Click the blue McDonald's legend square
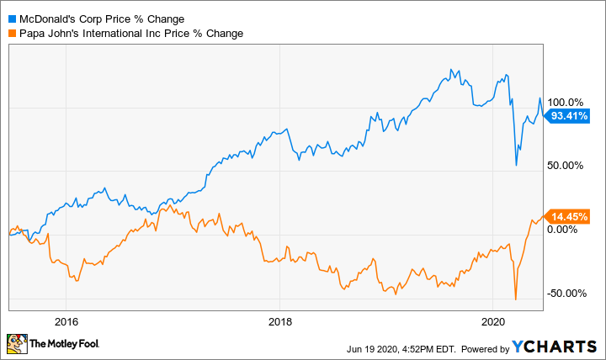12,19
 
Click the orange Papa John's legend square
12,34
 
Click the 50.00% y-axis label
566,165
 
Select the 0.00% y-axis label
567,229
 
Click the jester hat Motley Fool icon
16,343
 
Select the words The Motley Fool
64,344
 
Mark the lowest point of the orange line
515,299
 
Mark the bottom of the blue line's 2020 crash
516,166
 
